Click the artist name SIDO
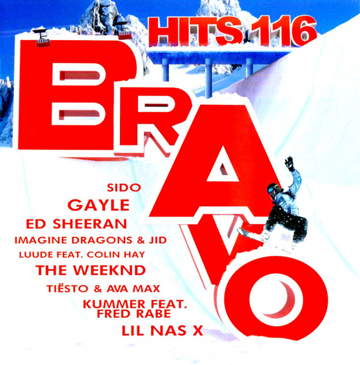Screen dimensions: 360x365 (124, 187)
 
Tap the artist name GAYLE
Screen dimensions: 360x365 (99, 205)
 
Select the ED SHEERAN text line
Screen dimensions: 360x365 (76, 224)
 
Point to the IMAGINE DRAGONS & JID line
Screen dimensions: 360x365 (91, 240)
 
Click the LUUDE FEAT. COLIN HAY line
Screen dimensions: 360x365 (82, 255)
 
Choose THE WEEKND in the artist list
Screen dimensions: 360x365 (91, 270)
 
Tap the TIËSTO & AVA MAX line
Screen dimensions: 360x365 (104, 288)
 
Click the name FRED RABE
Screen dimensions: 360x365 (134, 313)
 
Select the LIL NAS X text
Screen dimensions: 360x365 (162, 331)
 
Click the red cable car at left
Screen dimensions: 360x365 (43, 38)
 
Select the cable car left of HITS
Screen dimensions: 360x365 (124, 31)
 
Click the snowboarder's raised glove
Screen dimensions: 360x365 (289, 164)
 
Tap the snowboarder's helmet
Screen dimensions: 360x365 (274, 189)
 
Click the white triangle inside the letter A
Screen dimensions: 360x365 (223, 164)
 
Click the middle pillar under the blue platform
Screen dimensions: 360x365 (208, 77)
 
